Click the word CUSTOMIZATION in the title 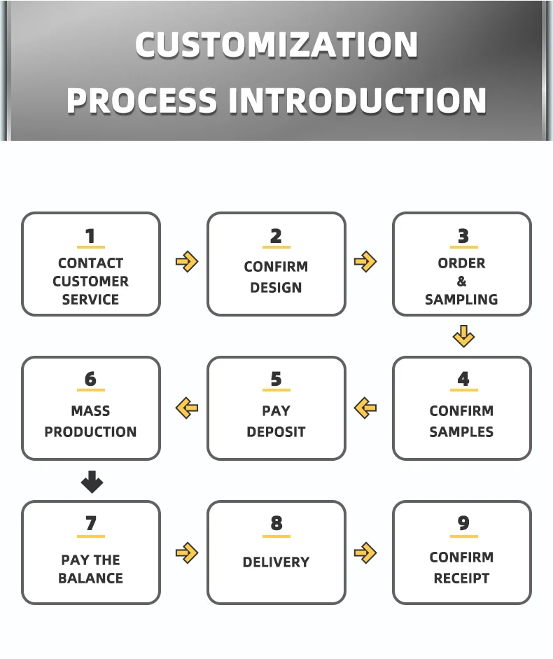click(276, 45)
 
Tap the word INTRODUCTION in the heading click(358, 100)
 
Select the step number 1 click(90, 236)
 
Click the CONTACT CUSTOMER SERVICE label click(91, 281)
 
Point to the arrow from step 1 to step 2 click(187, 262)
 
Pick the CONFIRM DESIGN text click(276, 277)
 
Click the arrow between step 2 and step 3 click(365, 262)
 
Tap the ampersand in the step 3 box click(461, 281)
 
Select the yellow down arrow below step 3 click(463, 336)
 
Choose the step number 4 click(463, 379)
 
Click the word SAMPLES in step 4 click(461, 431)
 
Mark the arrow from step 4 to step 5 click(365, 408)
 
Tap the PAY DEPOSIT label click(276, 421)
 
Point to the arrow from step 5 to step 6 click(187, 408)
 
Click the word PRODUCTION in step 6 click(91, 431)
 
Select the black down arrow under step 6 click(92, 482)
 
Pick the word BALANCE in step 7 click(91, 578)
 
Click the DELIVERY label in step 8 click(276, 562)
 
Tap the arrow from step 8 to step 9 click(365, 553)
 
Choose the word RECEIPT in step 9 click(461, 578)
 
